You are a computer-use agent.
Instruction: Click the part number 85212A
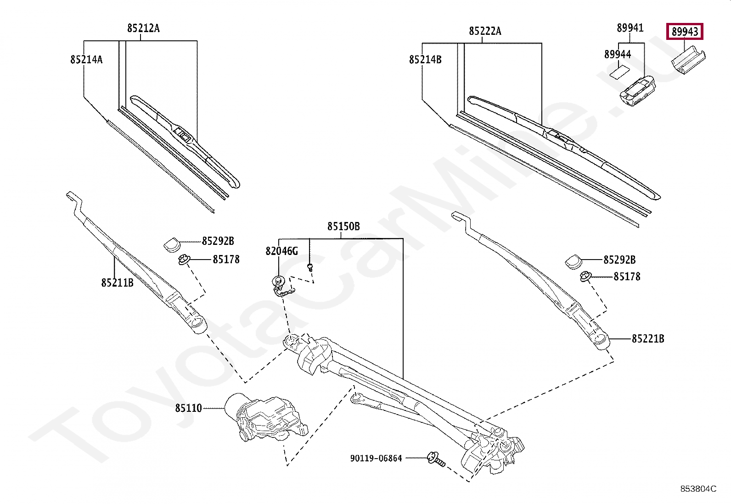pos(143,28)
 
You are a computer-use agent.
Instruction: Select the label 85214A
pos(86,59)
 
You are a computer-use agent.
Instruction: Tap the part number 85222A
pos(485,31)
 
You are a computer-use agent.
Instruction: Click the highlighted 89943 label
pos(685,32)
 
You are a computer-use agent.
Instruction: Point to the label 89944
pos(617,55)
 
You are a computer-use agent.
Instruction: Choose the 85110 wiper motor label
pos(188,408)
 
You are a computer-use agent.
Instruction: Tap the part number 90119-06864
pos(376,458)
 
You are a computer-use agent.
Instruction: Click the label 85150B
pos(343,227)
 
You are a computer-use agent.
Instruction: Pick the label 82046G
pos(281,251)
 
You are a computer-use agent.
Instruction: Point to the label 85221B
pos(647,339)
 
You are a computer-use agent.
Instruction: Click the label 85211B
pos(117,283)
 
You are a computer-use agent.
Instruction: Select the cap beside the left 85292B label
pos(172,244)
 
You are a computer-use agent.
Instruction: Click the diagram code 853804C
pos(698,489)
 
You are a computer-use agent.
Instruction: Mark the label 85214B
pos(425,60)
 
